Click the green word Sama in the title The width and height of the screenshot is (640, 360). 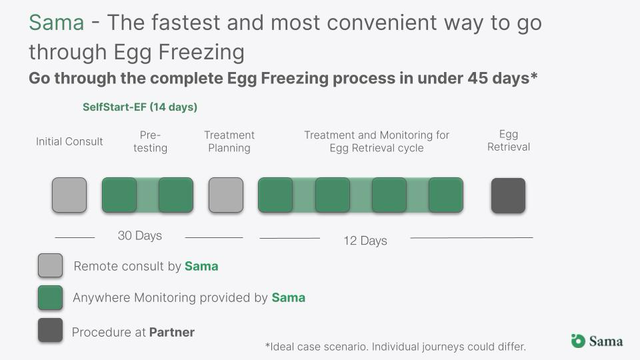56,23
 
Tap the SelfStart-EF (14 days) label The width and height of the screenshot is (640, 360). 140,107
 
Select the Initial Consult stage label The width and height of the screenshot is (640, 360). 69,141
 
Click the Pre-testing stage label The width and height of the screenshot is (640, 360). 150,141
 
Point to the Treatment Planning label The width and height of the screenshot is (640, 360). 229,141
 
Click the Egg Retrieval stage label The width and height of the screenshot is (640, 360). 509,141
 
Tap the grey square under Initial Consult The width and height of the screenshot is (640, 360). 69,195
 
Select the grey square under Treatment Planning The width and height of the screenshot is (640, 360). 226,195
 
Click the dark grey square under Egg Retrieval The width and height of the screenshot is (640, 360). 508,195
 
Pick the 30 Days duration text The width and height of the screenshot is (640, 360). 139,235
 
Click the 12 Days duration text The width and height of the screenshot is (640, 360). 365,241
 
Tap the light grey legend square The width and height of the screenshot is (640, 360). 50,265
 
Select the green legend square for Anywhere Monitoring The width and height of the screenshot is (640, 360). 50,297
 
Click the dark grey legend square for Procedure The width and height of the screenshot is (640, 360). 50,330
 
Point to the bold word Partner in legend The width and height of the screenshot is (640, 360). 172,332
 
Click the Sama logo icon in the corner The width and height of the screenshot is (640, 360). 578,341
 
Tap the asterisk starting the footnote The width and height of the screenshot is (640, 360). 268,345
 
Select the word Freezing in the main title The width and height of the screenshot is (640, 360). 201,53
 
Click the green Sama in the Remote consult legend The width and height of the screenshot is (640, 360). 201,266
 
